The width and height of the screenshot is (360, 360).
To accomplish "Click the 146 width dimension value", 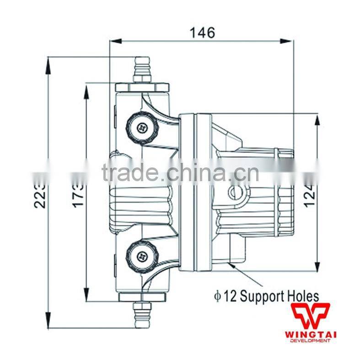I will click(x=202, y=32).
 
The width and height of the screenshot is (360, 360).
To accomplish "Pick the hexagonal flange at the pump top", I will click(x=142, y=86).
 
